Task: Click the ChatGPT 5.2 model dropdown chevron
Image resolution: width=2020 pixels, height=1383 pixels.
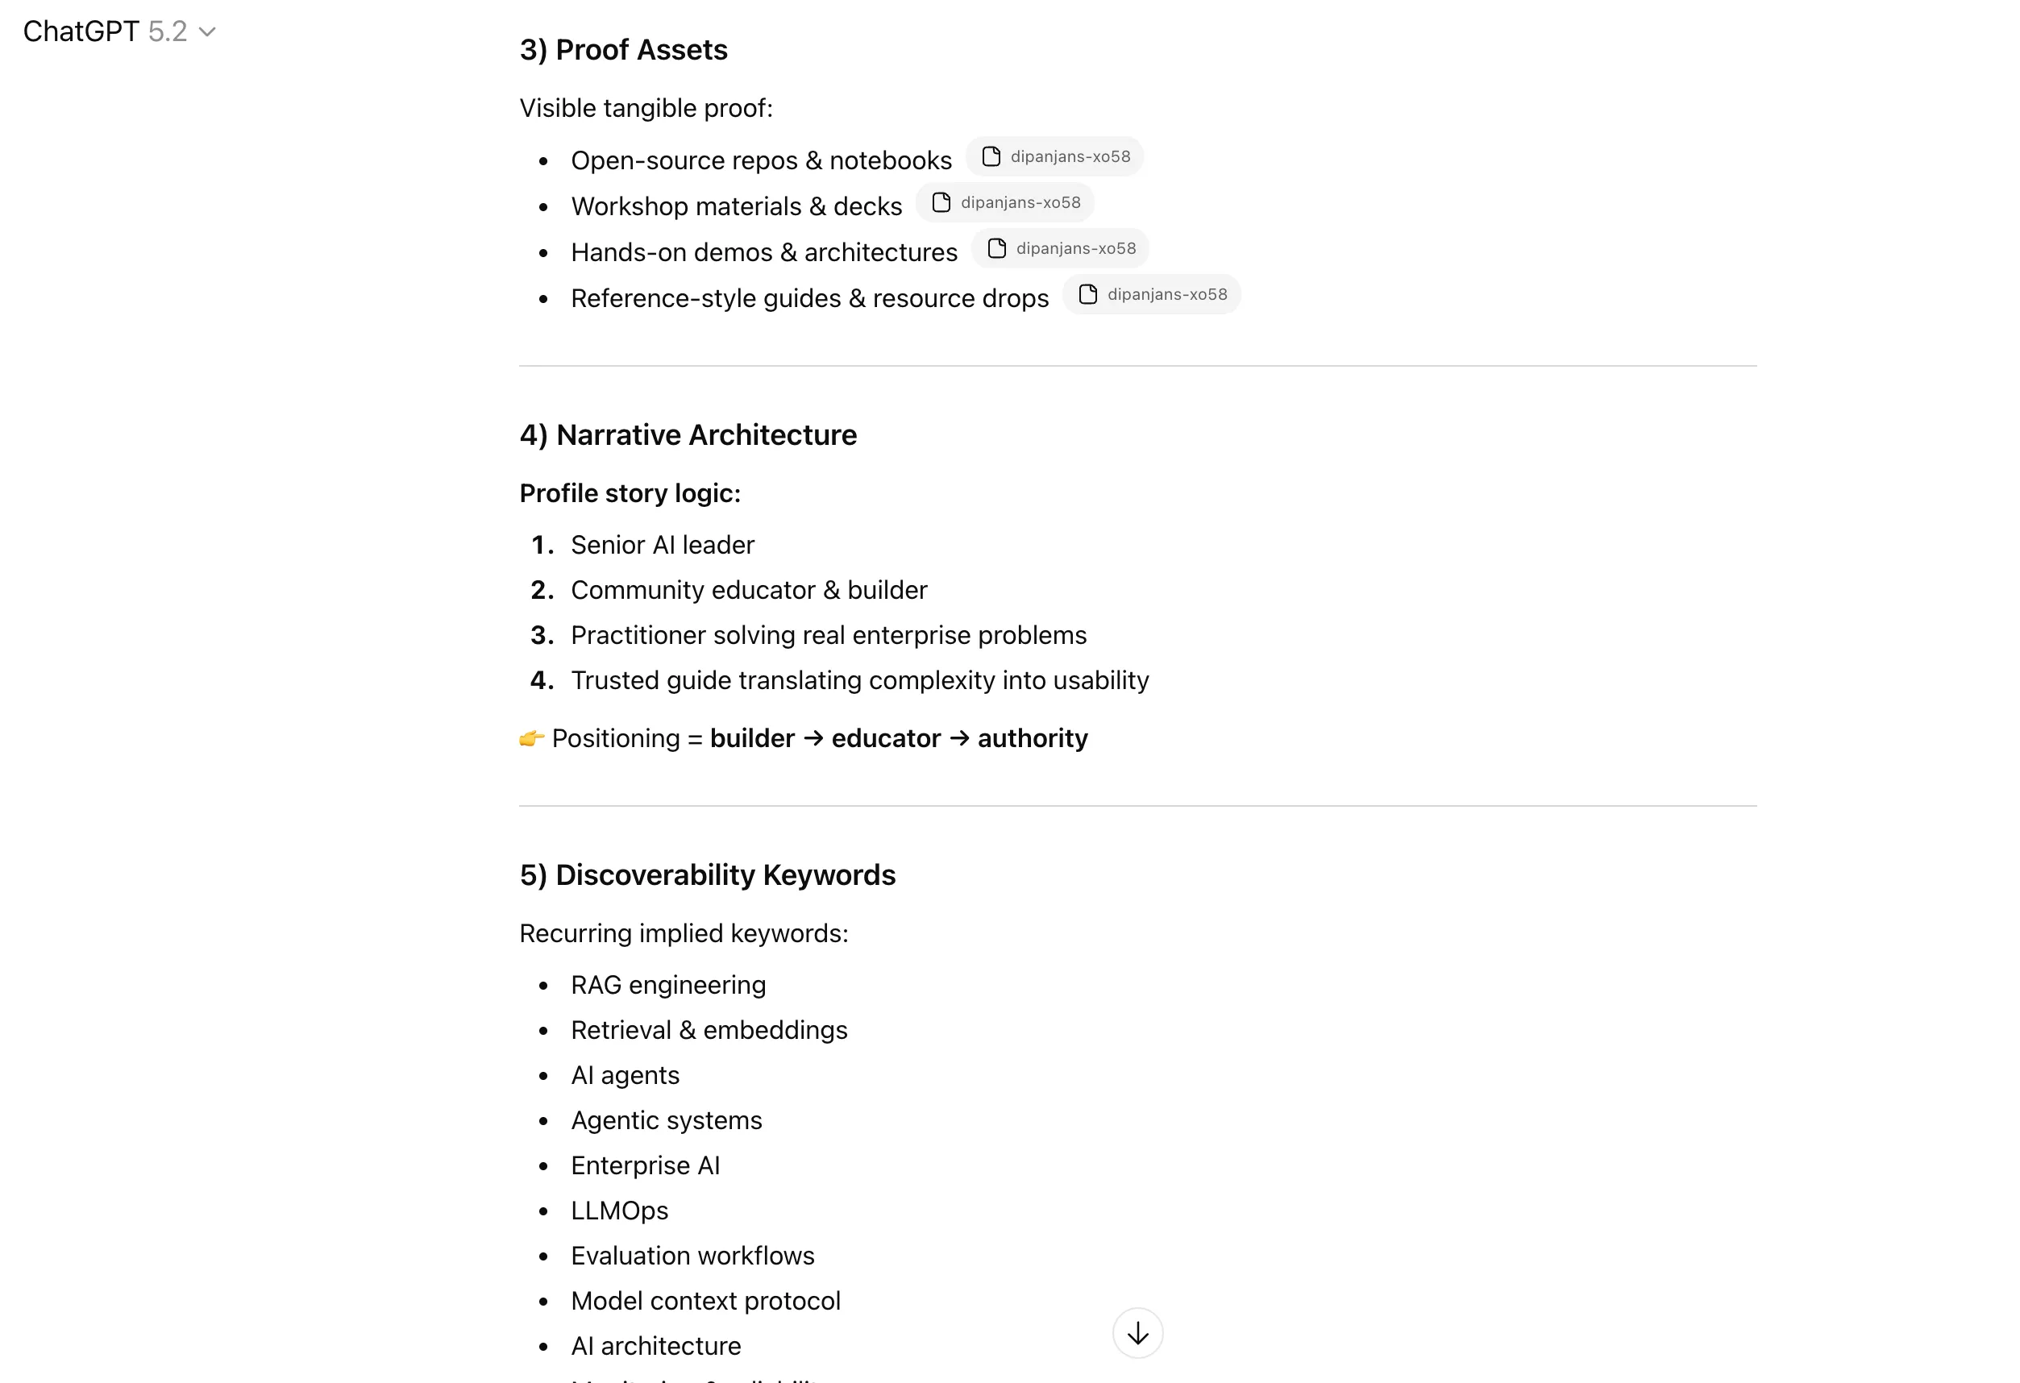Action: (x=207, y=32)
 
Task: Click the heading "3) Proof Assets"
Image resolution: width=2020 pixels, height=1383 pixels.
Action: (x=623, y=49)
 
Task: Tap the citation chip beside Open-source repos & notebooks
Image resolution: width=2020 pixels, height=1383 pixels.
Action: (x=1054, y=156)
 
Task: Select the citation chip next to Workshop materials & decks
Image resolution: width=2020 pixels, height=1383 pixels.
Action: (x=1005, y=202)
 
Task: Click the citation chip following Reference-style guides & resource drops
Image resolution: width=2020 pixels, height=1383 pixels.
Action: (x=1152, y=295)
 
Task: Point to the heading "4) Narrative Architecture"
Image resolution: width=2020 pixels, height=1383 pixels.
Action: (x=688, y=434)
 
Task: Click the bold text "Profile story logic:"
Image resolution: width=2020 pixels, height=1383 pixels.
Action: (x=630, y=493)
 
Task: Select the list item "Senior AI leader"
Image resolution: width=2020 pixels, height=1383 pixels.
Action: (x=663, y=545)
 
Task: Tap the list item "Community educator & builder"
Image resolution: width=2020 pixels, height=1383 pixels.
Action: (x=748, y=590)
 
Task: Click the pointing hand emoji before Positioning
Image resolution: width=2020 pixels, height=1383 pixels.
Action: (x=531, y=739)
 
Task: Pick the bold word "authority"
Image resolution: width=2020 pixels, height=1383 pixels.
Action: (x=1033, y=738)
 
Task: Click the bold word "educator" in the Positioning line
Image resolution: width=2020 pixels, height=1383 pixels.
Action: (x=886, y=738)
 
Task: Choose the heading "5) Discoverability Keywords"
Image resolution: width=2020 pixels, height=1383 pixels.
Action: (x=708, y=874)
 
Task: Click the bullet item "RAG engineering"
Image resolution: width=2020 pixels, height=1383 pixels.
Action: (x=667, y=985)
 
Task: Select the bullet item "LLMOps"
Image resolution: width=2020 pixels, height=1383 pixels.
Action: (x=619, y=1211)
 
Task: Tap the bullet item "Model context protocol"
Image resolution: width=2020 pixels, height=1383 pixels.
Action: (x=705, y=1302)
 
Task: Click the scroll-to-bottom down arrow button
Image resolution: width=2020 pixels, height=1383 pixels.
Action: (x=1137, y=1332)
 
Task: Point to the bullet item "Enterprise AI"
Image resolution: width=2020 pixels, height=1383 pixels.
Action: (x=645, y=1165)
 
